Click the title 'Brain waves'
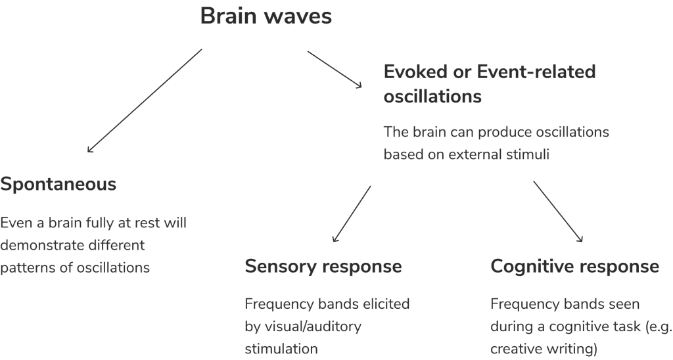click(266, 16)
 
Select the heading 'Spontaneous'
click(58, 185)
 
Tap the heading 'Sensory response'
click(323, 266)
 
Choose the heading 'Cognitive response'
click(574, 266)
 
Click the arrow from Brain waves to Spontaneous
click(145, 101)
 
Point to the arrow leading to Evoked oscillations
click(335, 69)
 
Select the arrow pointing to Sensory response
click(351, 214)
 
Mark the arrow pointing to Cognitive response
click(557, 212)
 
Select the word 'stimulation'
click(281, 348)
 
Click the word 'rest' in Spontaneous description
click(156, 223)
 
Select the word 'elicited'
click(386, 304)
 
